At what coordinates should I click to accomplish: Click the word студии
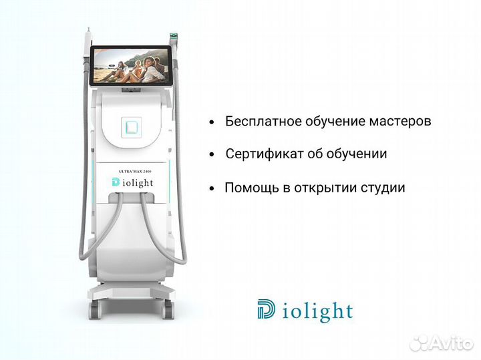pos(383,188)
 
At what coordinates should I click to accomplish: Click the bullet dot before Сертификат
pos(212,154)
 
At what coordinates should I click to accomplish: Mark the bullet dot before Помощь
pos(212,188)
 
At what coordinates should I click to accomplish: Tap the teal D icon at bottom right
pos(265,310)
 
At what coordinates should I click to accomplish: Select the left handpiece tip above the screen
pos(87,40)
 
